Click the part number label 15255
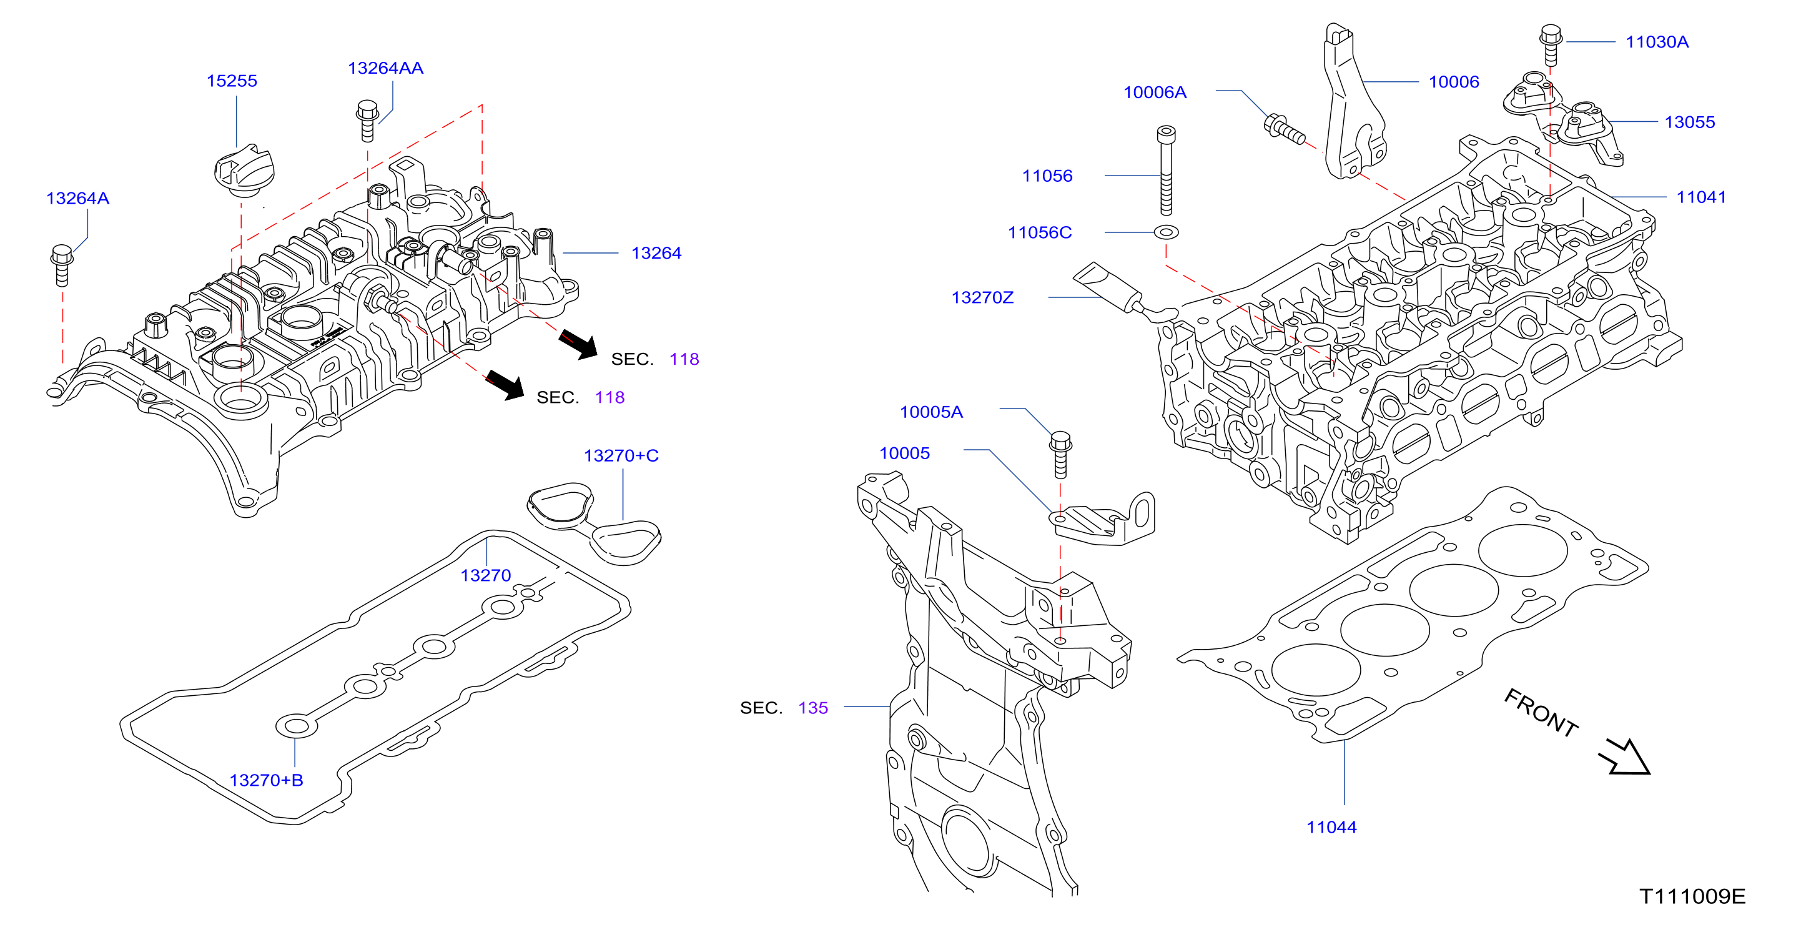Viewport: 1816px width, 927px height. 231,81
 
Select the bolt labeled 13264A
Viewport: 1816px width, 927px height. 62,265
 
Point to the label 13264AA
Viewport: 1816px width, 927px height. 385,68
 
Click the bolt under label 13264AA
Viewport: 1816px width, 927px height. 367,121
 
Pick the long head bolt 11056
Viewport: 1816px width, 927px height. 1166,171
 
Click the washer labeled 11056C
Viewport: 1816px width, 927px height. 1166,232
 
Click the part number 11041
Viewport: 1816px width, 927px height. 1701,197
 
